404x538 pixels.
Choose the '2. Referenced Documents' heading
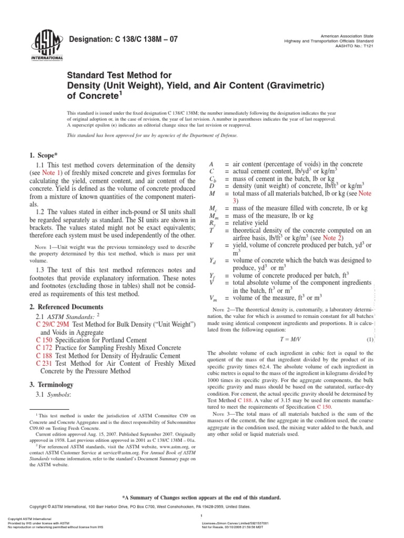pyautogui.click(x=67, y=306)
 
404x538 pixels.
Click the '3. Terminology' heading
pyautogui.click(x=52, y=384)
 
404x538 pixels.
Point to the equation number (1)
pyautogui.click(x=370, y=339)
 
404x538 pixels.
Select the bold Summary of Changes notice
pyautogui.click(x=201, y=497)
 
